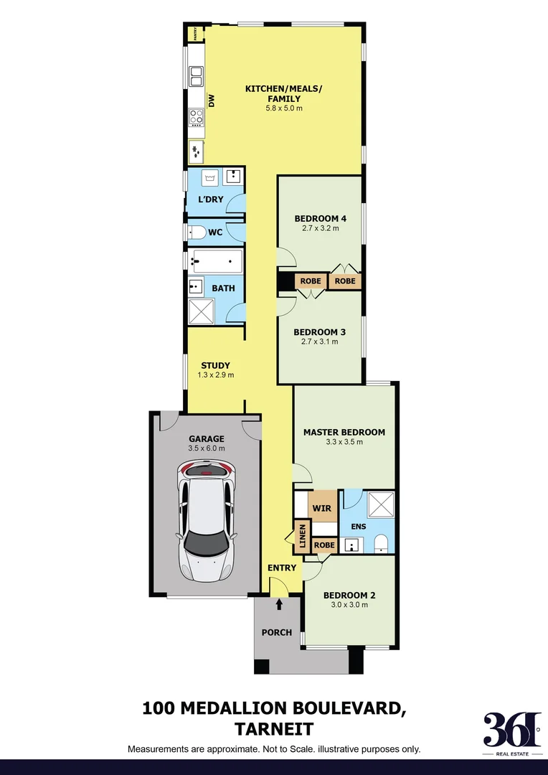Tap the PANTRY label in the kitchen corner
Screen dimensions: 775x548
[193, 34]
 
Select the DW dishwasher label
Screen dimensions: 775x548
[212, 103]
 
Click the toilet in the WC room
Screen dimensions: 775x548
[196, 232]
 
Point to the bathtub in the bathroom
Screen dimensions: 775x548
[216, 262]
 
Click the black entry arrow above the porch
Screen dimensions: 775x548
[279, 605]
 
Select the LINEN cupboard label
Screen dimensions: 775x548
[302, 537]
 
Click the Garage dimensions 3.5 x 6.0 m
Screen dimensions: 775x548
[207, 448]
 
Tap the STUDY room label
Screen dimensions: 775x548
[215, 365]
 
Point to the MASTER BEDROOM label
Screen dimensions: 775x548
[344, 432]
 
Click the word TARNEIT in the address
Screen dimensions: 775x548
[274, 729]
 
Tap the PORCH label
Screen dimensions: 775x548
[277, 632]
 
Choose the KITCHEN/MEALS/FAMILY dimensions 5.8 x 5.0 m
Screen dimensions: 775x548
[284, 108]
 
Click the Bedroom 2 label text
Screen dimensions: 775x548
[349, 595]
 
